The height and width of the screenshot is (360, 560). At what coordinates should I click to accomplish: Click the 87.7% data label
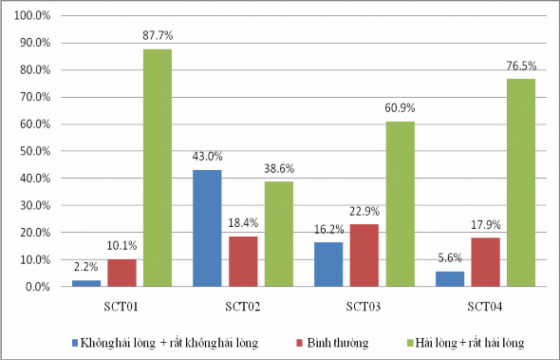(158, 36)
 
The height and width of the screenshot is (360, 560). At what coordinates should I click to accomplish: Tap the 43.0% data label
(207, 158)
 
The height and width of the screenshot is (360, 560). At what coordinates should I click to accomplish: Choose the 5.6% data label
(449, 259)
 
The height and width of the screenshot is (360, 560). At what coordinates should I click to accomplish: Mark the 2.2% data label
(86, 269)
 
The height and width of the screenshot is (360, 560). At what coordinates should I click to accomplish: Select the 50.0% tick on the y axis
(36, 151)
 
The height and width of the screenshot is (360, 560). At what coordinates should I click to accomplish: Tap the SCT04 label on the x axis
(484, 307)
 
